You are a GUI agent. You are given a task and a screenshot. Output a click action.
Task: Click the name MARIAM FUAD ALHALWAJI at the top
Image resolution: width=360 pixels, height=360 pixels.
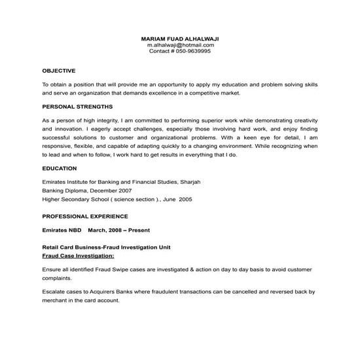tap(180, 39)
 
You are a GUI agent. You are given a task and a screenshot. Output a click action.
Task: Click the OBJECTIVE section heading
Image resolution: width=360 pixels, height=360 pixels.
tap(59, 70)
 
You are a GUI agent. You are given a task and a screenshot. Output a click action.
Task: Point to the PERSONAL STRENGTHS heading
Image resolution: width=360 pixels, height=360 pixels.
tap(77, 105)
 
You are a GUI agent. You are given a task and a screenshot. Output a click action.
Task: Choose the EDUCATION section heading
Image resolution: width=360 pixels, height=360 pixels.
tap(60, 168)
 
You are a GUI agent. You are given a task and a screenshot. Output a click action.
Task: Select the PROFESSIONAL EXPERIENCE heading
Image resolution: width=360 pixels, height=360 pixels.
tap(85, 215)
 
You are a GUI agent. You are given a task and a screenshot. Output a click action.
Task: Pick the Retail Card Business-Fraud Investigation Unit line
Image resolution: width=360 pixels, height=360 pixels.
tap(106, 249)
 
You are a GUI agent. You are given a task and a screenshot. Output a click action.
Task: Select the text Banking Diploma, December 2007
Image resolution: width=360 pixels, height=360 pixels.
tap(86, 190)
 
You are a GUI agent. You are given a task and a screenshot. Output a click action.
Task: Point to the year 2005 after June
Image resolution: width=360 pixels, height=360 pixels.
tap(185, 199)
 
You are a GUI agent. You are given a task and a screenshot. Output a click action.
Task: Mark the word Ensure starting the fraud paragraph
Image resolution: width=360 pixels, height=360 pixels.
tap(52, 269)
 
